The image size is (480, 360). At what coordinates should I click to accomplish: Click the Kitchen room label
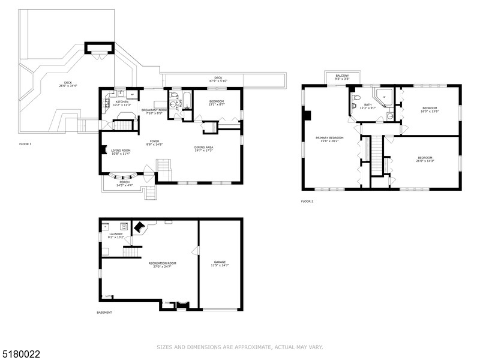tap(122, 103)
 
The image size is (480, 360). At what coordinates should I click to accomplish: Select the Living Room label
tap(121, 152)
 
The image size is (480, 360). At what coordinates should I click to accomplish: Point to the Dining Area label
tap(204, 149)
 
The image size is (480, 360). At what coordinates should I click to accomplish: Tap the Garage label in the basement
tap(220, 263)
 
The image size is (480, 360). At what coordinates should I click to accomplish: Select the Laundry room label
tap(115, 236)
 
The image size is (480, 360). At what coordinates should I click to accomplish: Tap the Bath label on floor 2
tap(368, 106)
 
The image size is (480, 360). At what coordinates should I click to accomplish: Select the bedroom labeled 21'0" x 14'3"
tap(426, 160)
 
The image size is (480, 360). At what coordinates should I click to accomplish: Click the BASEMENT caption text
tap(104, 313)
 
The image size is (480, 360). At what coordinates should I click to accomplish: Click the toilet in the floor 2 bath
tap(356, 97)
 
